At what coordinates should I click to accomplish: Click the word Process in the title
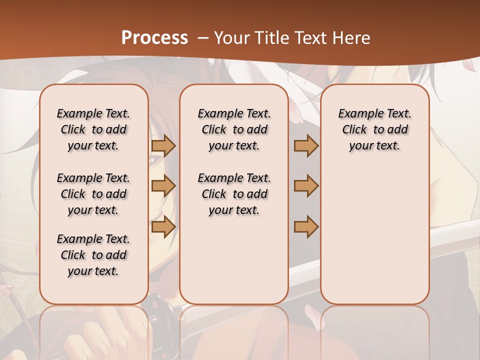coord(154,38)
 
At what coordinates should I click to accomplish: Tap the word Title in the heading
coord(269,38)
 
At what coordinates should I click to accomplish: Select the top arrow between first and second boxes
coord(163,145)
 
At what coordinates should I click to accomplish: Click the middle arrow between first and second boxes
coord(163,186)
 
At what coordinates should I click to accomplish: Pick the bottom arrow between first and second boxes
coord(163,226)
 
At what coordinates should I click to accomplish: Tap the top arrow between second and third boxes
coord(306,145)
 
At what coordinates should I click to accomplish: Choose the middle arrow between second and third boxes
coord(306,186)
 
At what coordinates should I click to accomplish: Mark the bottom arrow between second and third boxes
coord(306,226)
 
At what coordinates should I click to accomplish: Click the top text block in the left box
coord(93,129)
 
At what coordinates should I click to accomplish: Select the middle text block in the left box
coord(93,194)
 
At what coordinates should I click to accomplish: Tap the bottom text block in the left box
coord(93,255)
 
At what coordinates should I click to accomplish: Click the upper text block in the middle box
coord(234,129)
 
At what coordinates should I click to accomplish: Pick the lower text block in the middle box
coord(234,194)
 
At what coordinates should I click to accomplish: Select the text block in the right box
coord(374,129)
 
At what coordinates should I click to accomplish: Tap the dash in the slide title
coord(202,38)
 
